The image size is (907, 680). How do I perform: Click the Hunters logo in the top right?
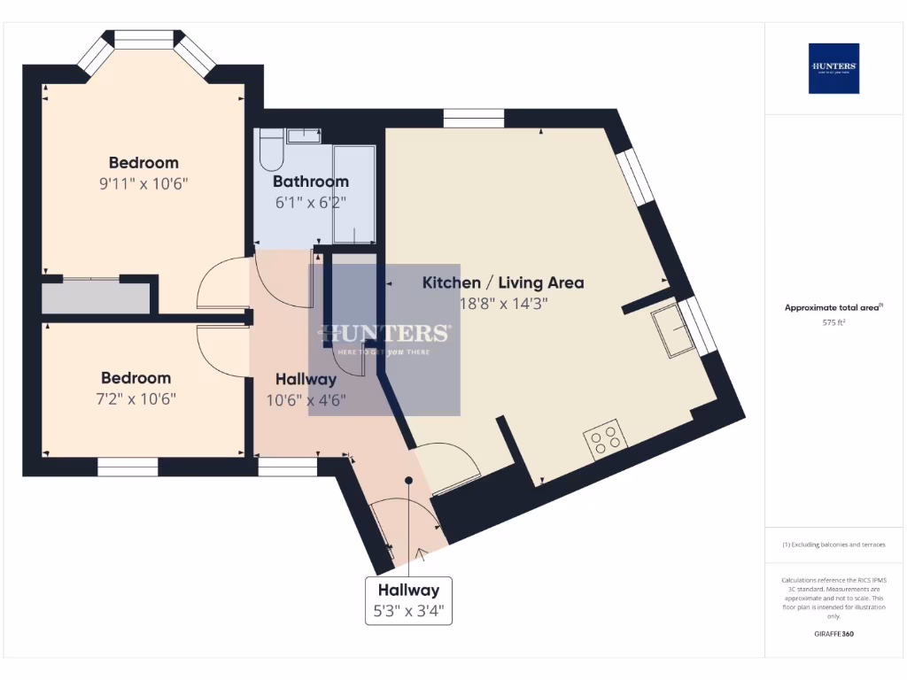(x=833, y=68)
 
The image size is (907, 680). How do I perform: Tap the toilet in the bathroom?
(x=271, y=151)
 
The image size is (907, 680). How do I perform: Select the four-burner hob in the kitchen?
(x=606, y=439)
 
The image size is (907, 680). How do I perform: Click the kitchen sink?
(x=672, y=332)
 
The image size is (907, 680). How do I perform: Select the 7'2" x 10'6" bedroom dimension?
(x=136, y=398)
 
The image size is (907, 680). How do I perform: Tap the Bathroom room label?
(x=311, y=182)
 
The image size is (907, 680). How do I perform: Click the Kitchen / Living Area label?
(x=502, y=283)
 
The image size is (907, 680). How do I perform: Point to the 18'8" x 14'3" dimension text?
(x=502, y=303)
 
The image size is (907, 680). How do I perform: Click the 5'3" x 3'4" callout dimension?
(x=408, y=611)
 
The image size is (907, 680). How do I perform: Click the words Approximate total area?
(x=832, y=308)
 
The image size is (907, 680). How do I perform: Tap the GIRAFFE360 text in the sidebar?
(x=833, y=634)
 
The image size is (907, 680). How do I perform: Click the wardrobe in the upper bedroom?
(x=96, y=298)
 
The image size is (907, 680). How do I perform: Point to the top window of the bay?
(x=144, y=39)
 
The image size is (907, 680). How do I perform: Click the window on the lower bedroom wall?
(x=128, y=467)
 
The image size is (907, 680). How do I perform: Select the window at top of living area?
(x=474, y=118)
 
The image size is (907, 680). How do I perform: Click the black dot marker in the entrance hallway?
(x=409, y=481)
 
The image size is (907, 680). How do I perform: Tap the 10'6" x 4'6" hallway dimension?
(x=306, y=399)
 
